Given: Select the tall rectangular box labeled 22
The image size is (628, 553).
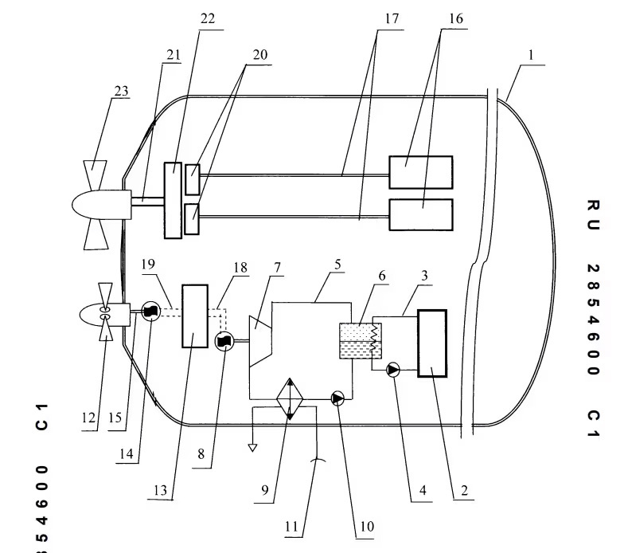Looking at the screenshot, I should [x=173, y=199].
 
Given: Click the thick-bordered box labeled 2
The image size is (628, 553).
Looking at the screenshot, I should [x=431, y=343].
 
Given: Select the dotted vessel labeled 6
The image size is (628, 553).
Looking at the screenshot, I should [x=360, y=341].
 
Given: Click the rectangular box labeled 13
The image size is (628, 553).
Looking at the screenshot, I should [x=195, y=316].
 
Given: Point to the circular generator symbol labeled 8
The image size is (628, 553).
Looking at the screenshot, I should [x=224, y=340].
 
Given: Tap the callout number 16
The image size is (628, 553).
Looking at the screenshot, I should [x=454, y=17].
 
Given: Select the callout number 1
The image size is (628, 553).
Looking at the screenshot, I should [x=531, y=57].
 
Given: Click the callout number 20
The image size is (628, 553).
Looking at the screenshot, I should [x=259, y=55].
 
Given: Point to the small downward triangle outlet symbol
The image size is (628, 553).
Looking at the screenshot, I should [x=252, y=447].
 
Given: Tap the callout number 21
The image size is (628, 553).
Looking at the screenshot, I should [x=174, y=54].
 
